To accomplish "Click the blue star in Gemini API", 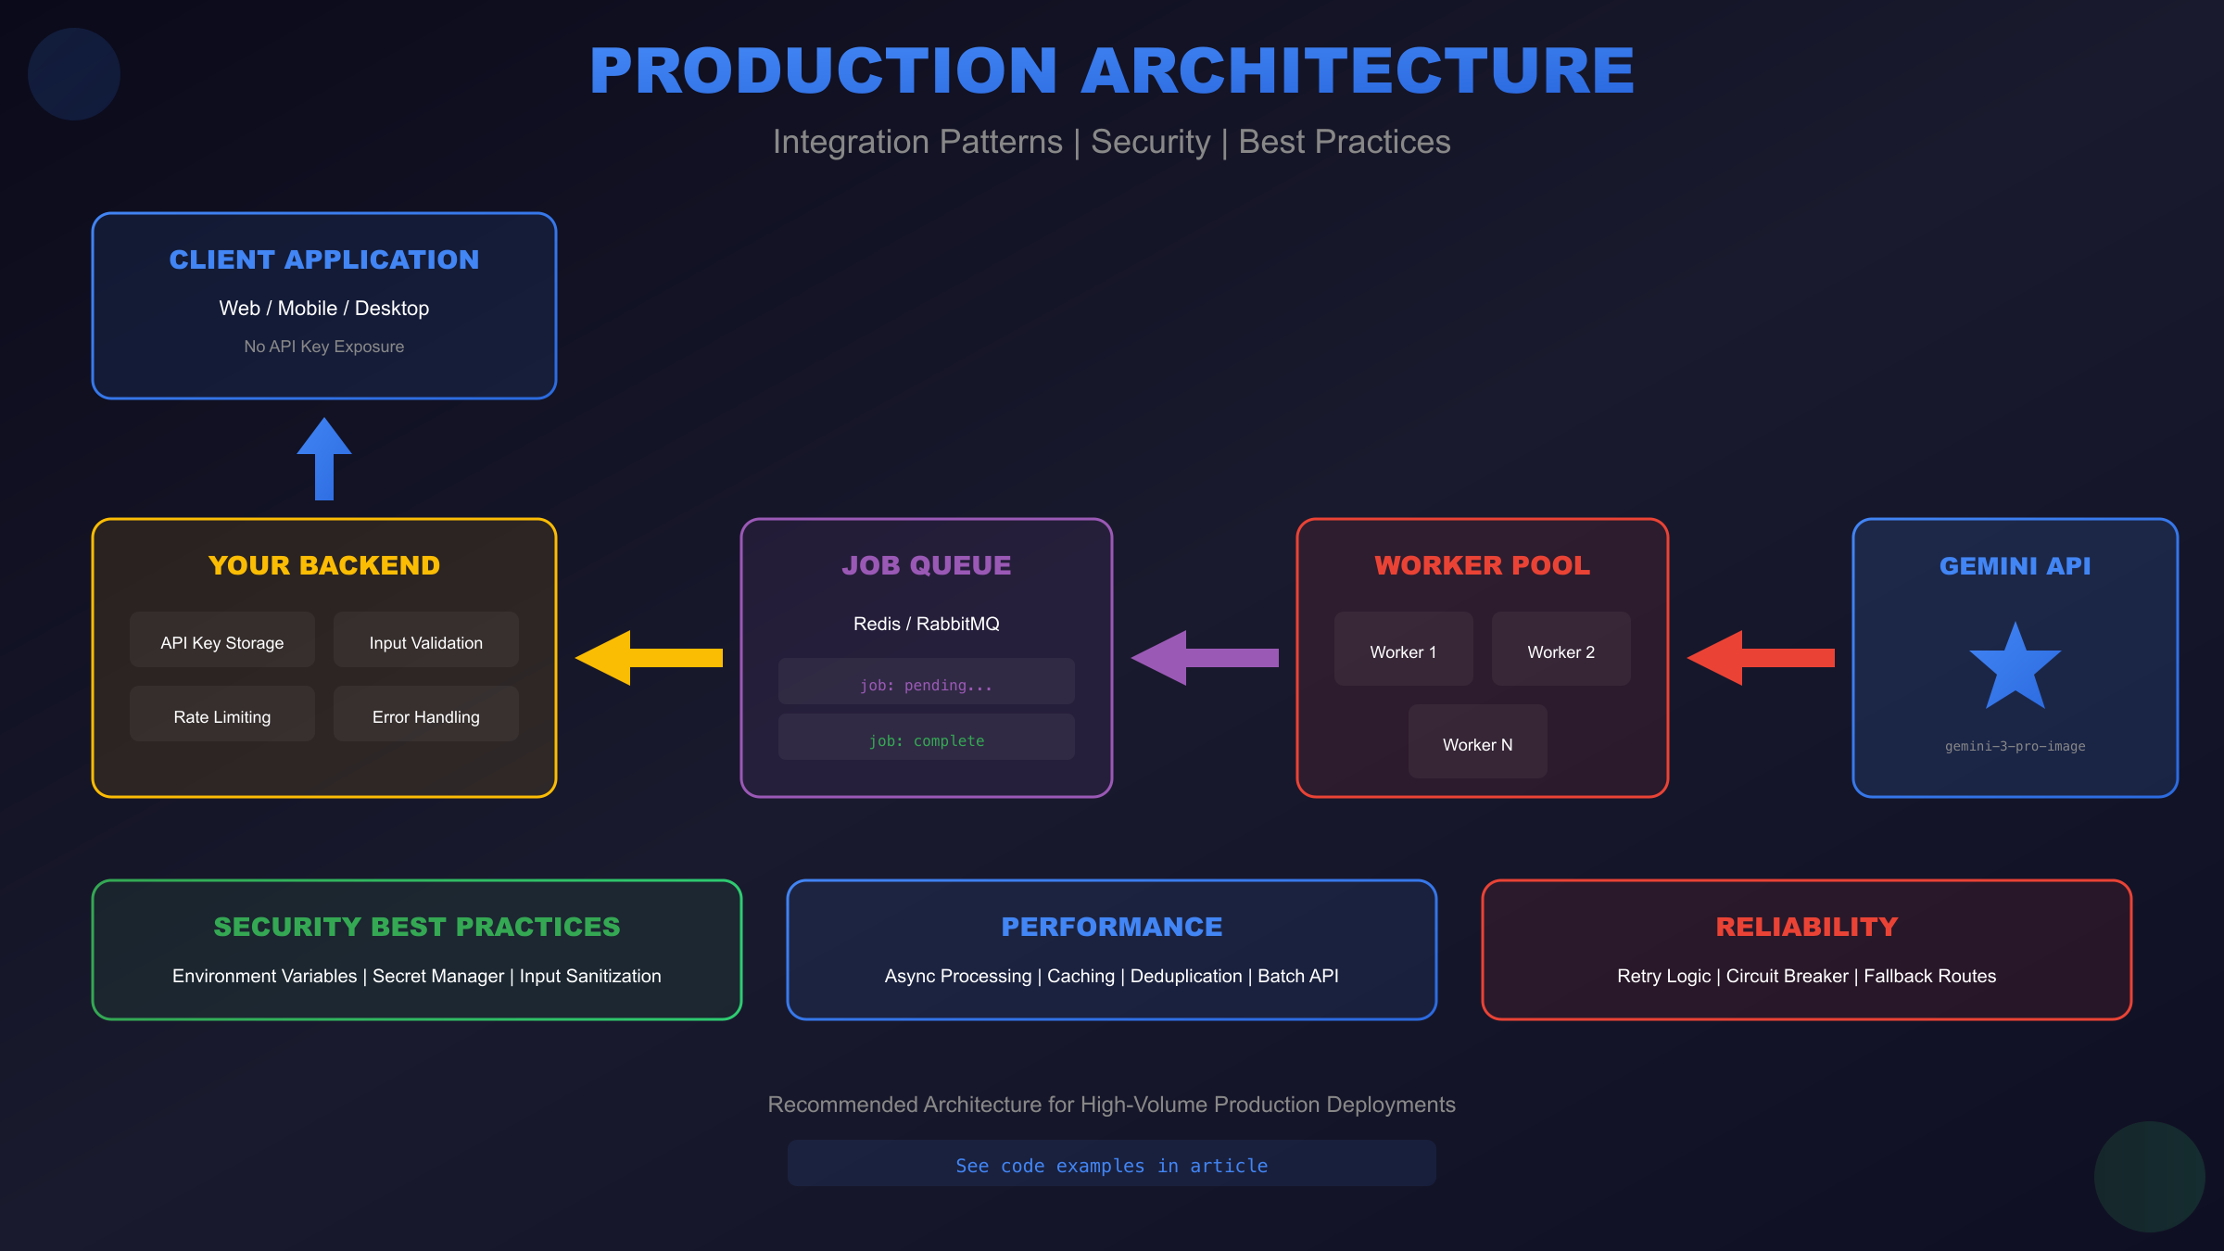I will click(2015, 668).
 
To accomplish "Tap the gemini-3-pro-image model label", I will click(2015, 746).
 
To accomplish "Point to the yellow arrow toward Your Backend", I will click(648, 658).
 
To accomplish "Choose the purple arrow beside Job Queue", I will click(1204, 658).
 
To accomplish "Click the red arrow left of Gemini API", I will click(1760, 658).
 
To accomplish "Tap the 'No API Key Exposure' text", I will click(324, 347).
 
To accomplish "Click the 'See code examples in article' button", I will click(1111, 1164).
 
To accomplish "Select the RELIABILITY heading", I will click(1806, 927).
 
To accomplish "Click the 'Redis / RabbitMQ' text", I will click(927, 624).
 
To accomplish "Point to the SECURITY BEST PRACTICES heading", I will click(417, 927).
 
